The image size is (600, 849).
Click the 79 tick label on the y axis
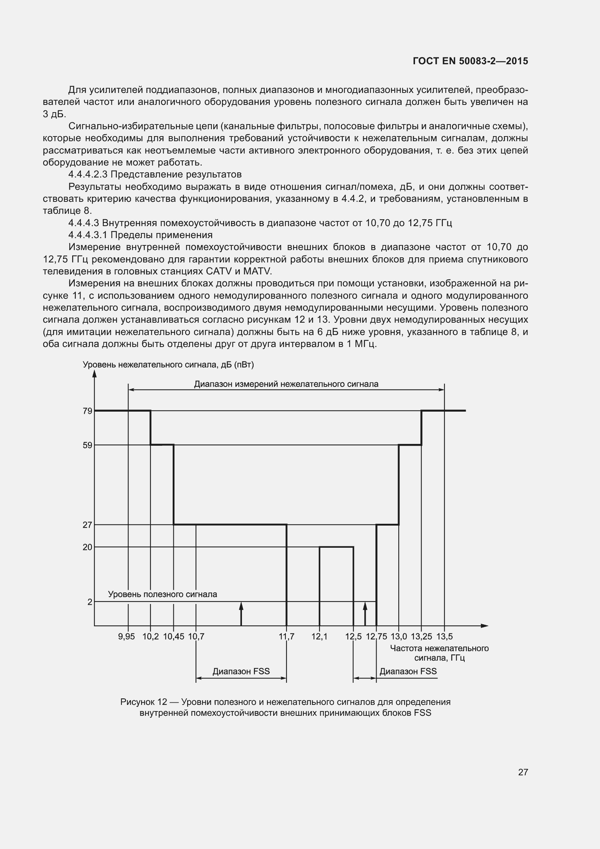pos(87,411)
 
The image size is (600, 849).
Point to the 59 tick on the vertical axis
pos(87,445)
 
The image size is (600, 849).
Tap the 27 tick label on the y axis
pos(87,525)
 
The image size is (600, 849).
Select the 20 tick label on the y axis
pos(87,547)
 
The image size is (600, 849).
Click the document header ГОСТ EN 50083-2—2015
pos(470,61)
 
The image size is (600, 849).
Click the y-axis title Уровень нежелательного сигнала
pos(168,364)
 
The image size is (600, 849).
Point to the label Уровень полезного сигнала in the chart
pos(162,594)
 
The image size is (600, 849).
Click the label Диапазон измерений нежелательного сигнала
pos(286,384)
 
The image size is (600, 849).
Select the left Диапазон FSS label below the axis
pos(241,671)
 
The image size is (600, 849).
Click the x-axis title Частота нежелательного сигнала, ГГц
pos(439,653)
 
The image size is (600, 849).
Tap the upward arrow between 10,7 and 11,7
pos(241,614)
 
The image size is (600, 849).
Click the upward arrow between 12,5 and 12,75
pos(365,614)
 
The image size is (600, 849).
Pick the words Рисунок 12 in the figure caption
pos(144,702)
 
